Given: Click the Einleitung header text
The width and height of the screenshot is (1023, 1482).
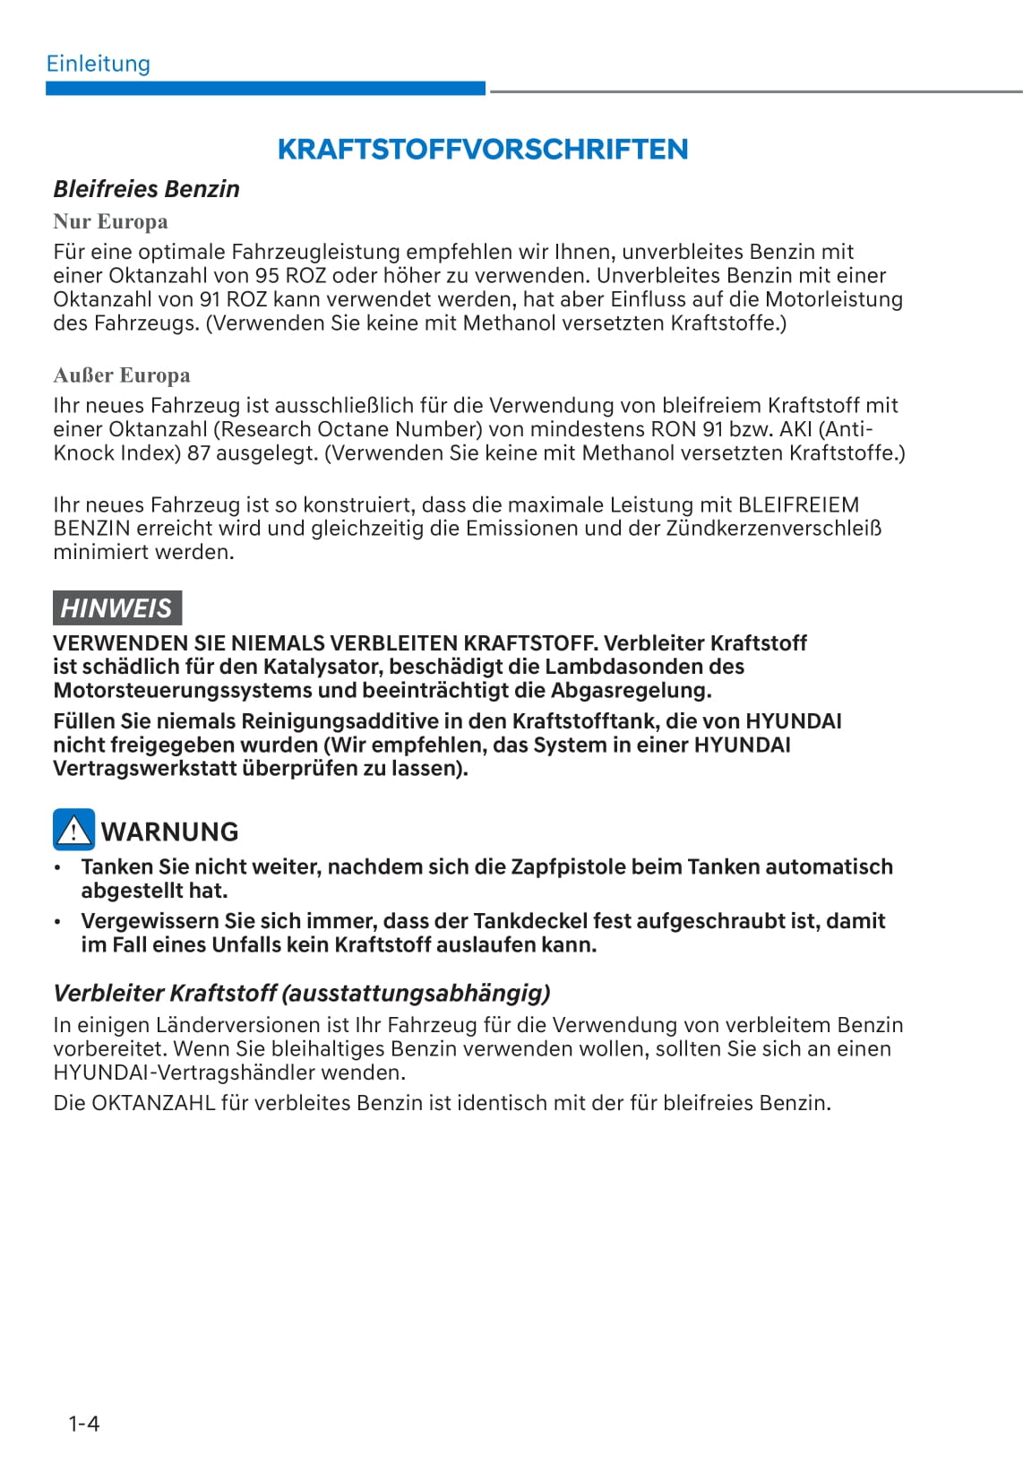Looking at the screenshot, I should [x=99, y=64].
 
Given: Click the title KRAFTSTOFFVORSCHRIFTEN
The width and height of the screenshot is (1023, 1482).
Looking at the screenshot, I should [x=483, y=149].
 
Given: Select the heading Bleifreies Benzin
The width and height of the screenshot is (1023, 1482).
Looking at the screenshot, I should [x=146, y=189].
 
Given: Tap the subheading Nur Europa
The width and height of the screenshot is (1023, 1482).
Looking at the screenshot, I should [x=110, y=221].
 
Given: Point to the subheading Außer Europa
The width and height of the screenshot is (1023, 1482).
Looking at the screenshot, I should [x=122, y=375].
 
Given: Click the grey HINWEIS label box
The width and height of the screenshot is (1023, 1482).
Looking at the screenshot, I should [x=116, y=607].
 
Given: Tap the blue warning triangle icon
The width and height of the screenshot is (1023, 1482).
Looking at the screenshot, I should [x=73, y=830].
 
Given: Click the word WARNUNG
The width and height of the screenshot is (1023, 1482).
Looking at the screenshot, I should [x=169, y=831].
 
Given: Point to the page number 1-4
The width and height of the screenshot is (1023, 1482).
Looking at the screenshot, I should [x=84, y=1423].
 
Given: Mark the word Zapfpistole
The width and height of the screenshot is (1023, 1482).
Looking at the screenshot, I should [x=568, y=867].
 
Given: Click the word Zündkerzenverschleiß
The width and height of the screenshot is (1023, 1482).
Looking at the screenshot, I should [x=773, y=529].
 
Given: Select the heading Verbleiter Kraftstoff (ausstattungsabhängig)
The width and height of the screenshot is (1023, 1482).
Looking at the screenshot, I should [x=302, y=993].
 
